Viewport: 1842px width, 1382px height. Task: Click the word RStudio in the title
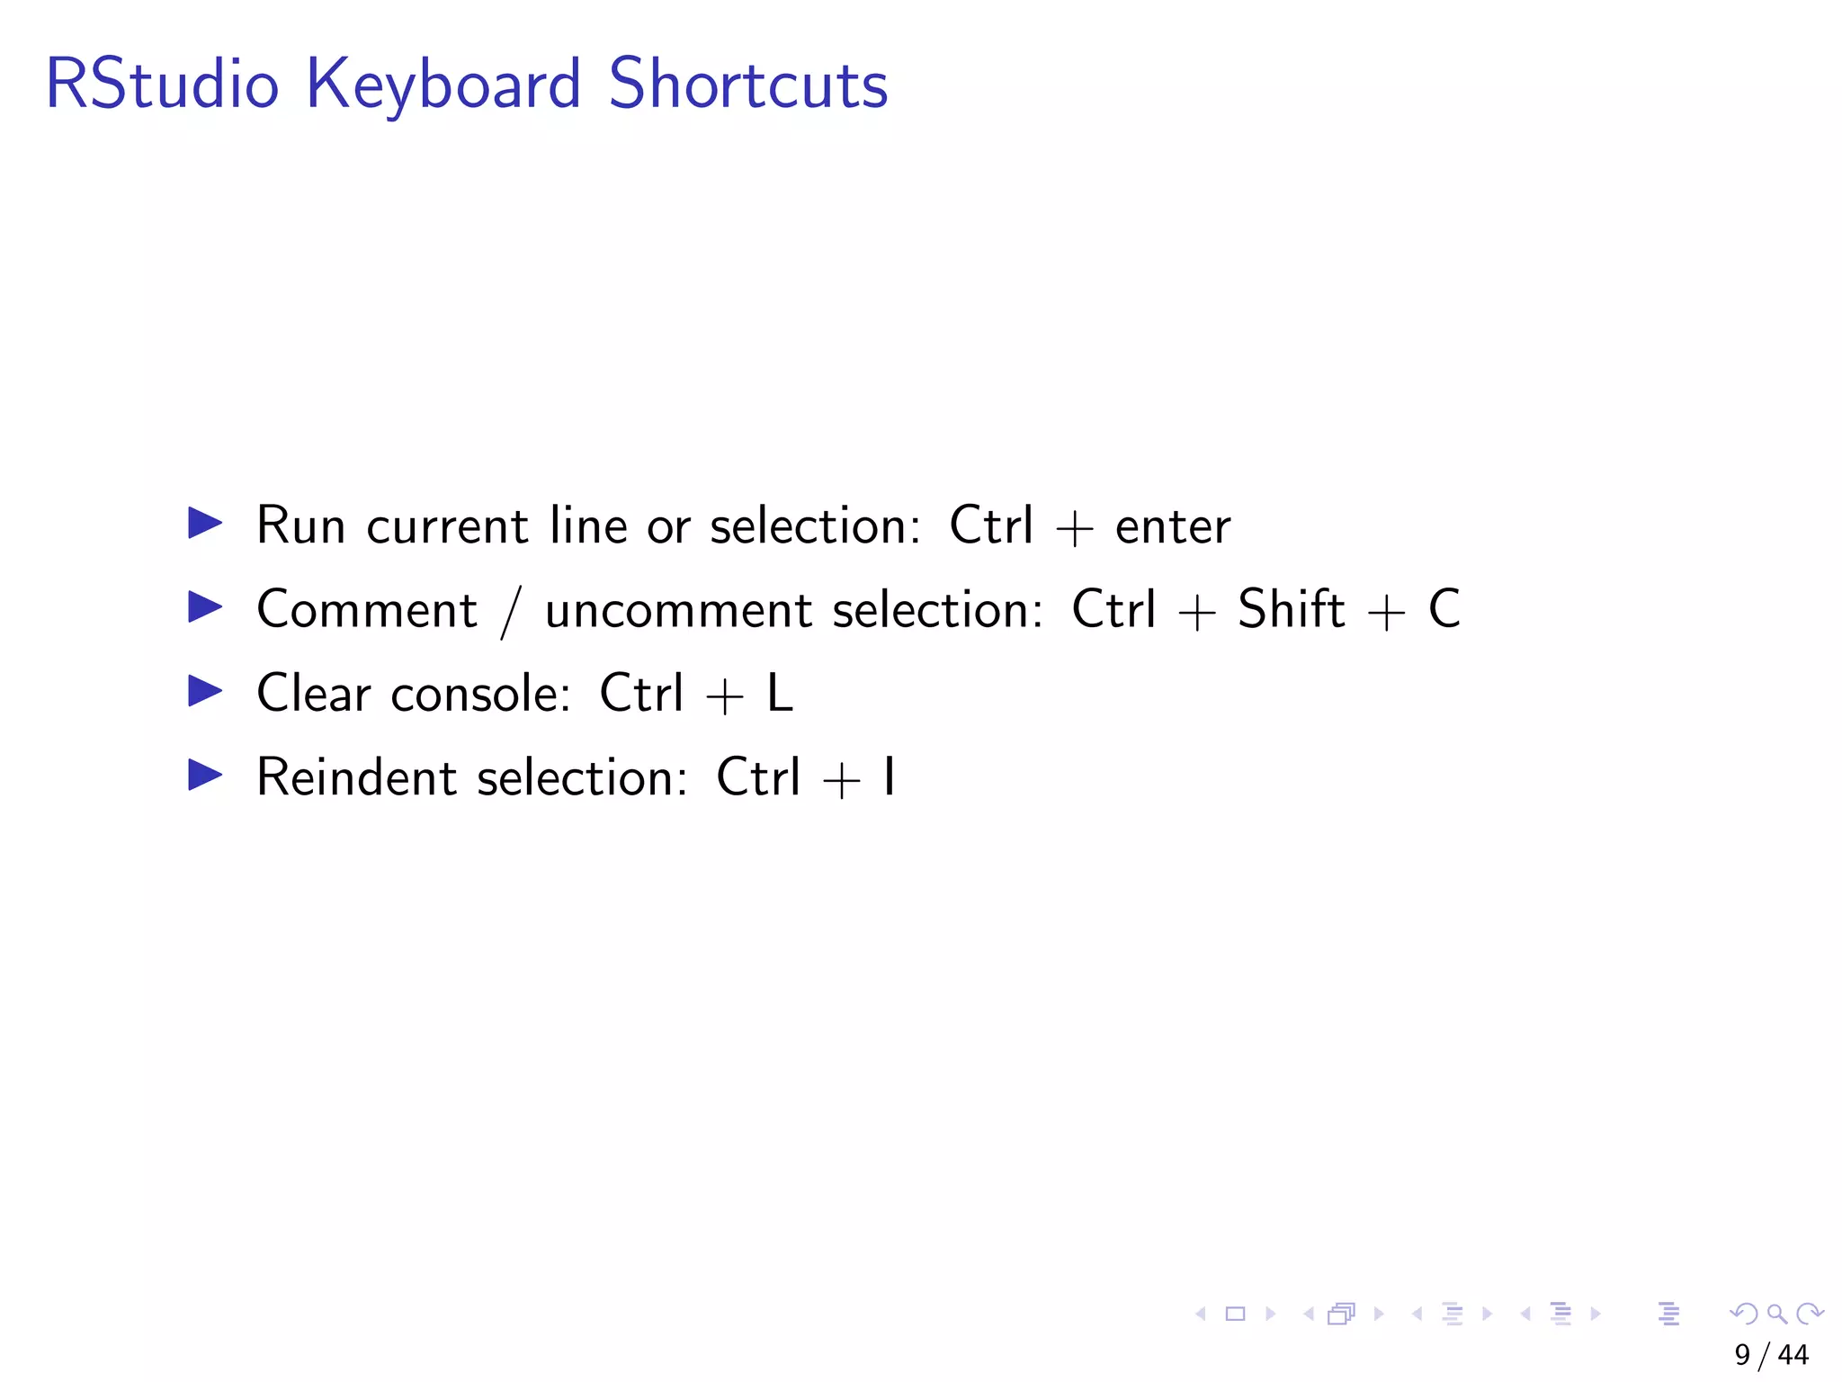coord(162,85)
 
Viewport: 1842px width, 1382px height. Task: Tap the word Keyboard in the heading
coord(443,85)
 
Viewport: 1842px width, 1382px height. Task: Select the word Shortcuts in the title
coord(748,85)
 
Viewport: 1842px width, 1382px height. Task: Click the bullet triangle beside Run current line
coord(205,523)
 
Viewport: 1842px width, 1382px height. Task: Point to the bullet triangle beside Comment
coord(205,607)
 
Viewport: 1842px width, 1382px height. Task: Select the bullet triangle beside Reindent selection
coord(205,775)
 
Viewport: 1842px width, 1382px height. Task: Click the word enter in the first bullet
coord(1172,527)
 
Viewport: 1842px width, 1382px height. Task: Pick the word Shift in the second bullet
coord(1291,609)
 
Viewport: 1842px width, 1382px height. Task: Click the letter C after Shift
coord(1444,609)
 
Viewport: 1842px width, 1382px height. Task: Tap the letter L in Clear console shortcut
coord(780,694)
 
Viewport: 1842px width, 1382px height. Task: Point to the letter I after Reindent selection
coord(889,777)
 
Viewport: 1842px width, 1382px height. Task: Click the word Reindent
coord(356,777)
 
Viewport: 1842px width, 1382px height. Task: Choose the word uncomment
coord(678,611)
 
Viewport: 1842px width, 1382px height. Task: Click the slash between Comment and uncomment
coord(511,612)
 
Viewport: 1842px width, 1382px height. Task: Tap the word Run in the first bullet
coord(300,525)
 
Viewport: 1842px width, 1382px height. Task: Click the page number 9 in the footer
coord(1742,1355)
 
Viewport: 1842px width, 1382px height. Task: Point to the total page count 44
coord(1793,1355)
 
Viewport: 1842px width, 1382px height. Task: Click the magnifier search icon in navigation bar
coord(1776,1315)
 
